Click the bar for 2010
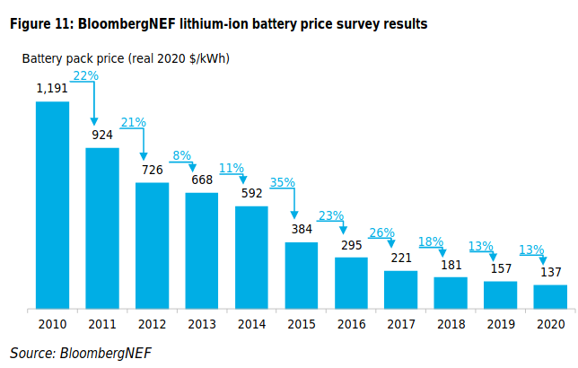52,206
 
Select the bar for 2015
302,276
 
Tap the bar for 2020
550,297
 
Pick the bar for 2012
152,246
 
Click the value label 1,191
52,89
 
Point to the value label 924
102,136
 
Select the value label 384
302,229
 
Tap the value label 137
550,272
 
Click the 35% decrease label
283,182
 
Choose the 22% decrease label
85,76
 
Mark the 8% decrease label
182,155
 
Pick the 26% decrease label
381,232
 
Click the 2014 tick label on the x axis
251,324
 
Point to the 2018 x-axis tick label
451,324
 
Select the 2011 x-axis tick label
102,324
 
